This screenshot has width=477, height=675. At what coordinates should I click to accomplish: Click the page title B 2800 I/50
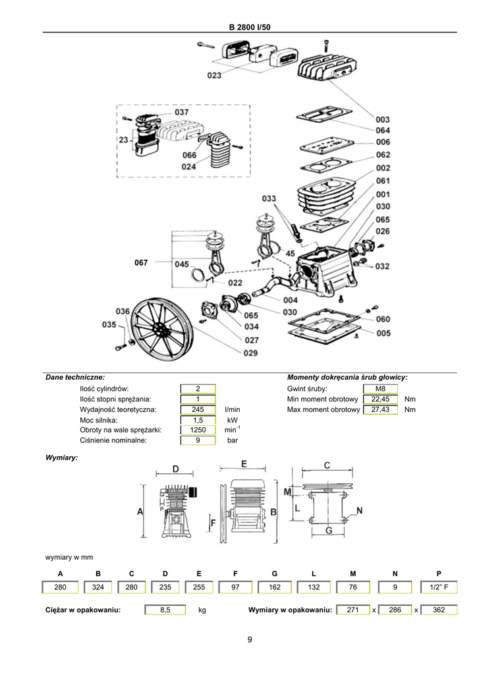point(250,27)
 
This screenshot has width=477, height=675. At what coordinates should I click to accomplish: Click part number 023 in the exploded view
point(214,75)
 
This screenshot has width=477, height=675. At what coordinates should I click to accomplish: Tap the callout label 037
point(181,112)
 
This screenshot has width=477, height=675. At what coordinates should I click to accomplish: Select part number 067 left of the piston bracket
point(141,262)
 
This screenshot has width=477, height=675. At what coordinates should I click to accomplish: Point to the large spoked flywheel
point(162,330)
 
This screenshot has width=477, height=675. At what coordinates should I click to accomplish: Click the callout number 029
point(251,353)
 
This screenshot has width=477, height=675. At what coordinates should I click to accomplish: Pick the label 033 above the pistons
point(269,198)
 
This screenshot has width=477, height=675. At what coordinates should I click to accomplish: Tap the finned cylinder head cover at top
point(327,68)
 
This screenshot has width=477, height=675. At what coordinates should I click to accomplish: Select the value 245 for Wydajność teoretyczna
point(198,409)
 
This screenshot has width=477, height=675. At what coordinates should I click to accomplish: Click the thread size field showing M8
point(380,389)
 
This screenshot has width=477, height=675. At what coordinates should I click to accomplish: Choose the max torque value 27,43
point(380,409)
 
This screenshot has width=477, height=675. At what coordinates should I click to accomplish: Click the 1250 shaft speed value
point(198,430)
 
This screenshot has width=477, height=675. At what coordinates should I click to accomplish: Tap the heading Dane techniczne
point(75,378)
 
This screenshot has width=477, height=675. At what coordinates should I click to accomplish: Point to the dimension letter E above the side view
point(244,464)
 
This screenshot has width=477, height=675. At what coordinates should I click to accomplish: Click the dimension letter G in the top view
point(329,531)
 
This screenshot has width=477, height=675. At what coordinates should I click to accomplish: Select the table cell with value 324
point(98,587)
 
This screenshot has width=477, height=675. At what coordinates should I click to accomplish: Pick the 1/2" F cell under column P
point(439,587)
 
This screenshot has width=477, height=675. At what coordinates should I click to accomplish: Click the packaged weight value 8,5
point(165,610)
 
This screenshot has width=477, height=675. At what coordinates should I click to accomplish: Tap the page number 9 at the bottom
point(250,639)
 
